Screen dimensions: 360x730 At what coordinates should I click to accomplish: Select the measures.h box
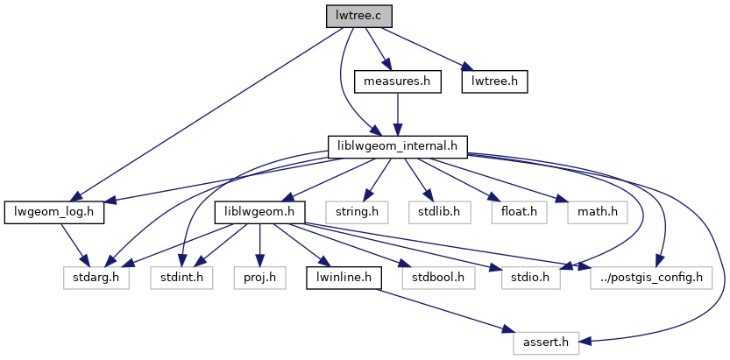pos(397,81)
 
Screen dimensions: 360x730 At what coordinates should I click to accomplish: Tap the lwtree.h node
pos(495,81)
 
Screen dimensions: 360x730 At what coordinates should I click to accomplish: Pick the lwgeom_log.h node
pos(54,211)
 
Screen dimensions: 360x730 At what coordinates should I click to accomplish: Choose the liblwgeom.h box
pos(259,211)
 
